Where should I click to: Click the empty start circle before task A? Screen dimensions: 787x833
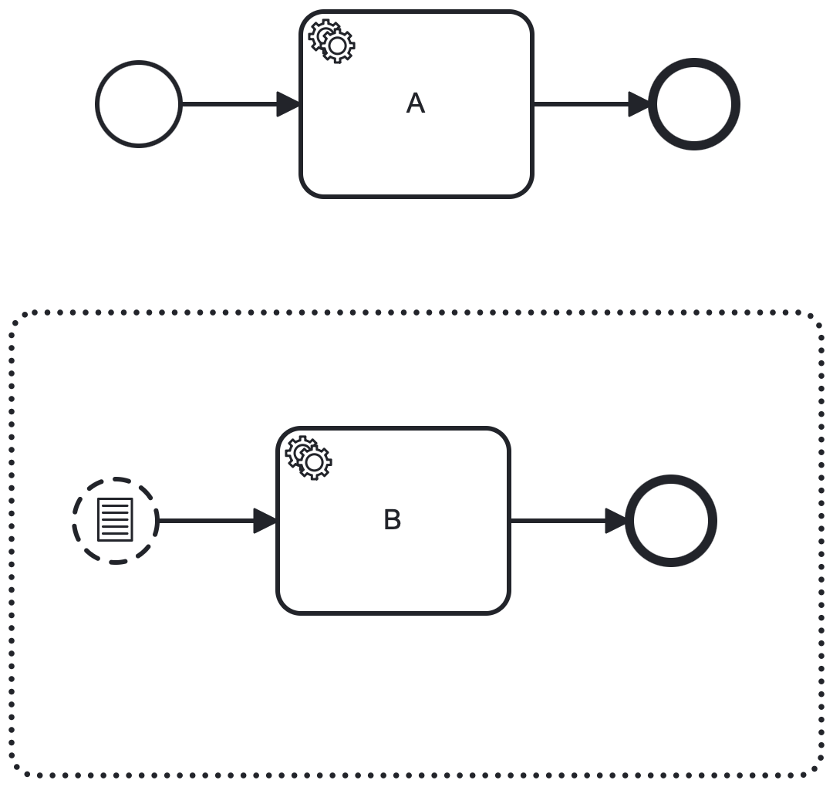pos(139,104)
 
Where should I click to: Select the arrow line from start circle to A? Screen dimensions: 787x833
pos(228,104)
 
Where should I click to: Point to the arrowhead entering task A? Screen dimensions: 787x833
pos(289,104)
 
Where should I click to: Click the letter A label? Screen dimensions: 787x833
pos(416,103)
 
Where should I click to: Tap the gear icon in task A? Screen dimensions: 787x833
pos(332,41)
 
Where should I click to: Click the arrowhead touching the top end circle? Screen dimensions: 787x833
pos(640,104)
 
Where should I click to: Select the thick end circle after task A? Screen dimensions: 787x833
pos(694,104)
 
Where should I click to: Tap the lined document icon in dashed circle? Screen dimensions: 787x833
pos(115,520)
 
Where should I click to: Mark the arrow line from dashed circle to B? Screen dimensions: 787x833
pos(205,521)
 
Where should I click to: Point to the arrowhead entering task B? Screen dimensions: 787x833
pos(266,521)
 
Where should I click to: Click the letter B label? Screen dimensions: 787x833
pos(393,520)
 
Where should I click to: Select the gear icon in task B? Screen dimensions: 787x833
pos(309,458)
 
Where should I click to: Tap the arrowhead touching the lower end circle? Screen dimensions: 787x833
pos(617,521)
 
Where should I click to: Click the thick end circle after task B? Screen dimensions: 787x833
pos(671,521)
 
